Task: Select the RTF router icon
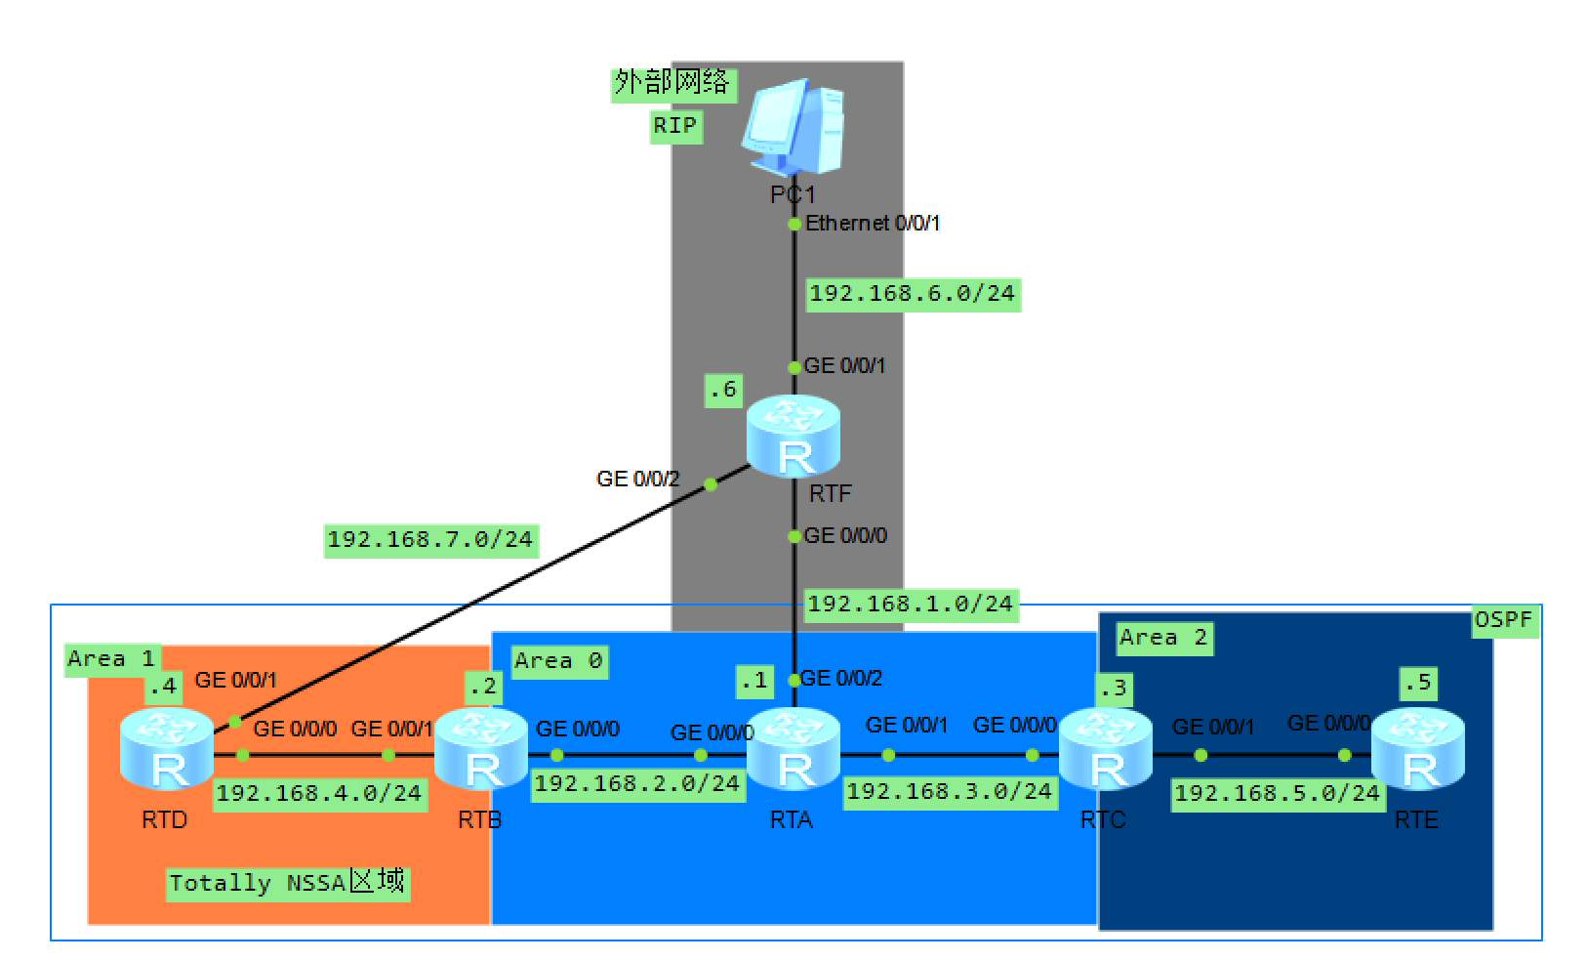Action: click(x=793, y=437)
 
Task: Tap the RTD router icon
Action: click(x=167, y=749)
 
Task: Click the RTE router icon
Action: click(x=1417, y=749)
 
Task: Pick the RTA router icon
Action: click(x=793, y=749)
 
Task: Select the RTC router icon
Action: click(x=1105, y=749)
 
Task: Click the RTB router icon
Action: click(x=480, y=749)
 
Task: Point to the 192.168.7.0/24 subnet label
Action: click(x=430, y=539)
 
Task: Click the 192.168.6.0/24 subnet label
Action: click(x=913, y=293)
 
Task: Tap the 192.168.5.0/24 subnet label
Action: click(x=1278, y=792)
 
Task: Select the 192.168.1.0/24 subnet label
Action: click(x=911, y=604)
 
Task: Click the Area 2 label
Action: click(x=1163, y=638)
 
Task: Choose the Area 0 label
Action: click(x=559, y=660)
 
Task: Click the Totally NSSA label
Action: click(x=287, y=883)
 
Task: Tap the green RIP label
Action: click(x=675, y=125)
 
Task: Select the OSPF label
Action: click(x=1504, y=619)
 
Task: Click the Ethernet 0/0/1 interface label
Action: click(x=872, y=224)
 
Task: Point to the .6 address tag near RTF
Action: click(x=723, y=390)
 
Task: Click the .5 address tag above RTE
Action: click(x=1417, y=683)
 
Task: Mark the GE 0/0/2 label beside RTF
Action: click(x=637, y=479)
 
